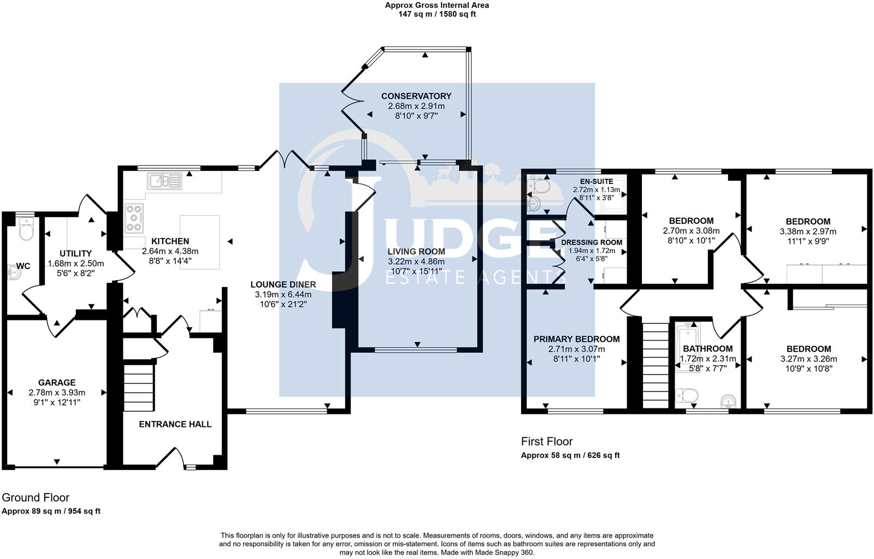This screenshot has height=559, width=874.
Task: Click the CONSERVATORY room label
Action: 416,96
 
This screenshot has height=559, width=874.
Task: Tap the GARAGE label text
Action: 57,383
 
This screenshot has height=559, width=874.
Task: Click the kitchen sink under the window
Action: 164,180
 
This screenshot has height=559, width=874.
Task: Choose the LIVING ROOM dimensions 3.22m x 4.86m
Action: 416,261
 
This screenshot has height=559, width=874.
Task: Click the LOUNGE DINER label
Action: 283,284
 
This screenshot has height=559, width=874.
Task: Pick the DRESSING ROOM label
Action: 592,242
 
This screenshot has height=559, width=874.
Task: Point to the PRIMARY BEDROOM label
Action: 576,339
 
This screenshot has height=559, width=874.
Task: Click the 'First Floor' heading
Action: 547,441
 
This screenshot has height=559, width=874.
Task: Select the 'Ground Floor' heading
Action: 36,497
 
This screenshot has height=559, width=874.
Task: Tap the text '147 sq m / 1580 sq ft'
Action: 437,14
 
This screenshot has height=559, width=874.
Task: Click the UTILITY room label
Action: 75,253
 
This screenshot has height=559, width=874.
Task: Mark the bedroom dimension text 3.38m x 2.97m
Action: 808,231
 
